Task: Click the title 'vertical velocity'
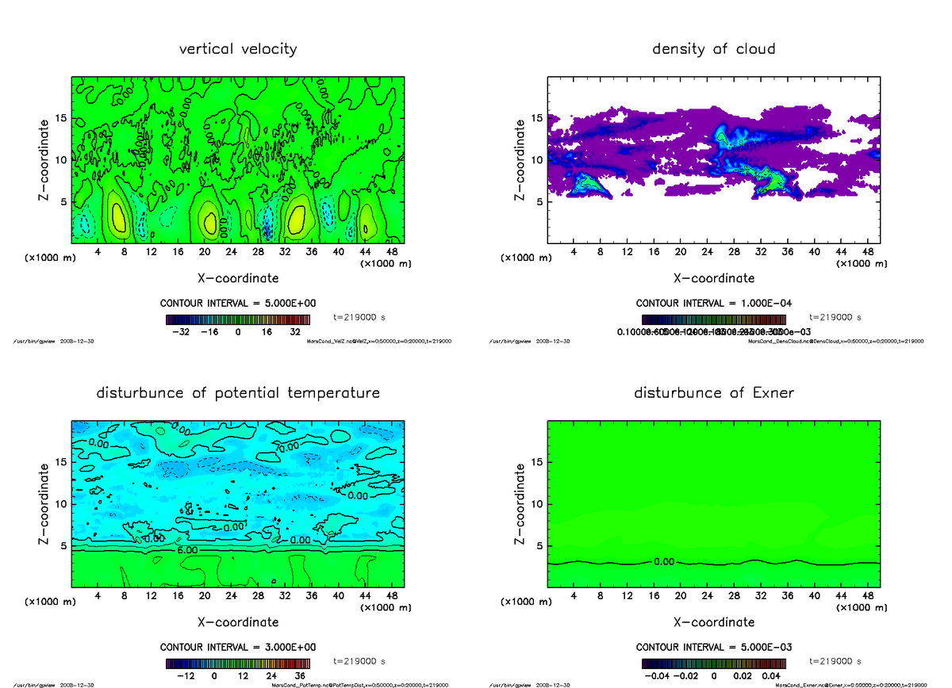(x=238, y=49)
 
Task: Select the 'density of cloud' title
(x=713, y=49)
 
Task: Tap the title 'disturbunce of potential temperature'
(x=238, y=393)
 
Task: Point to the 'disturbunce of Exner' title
(x=713, y=393)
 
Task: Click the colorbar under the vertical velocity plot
(x=238, y=319)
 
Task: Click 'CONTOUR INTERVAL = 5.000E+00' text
(x=238, y=304)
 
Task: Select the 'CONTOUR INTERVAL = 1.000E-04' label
(x=713, y=304)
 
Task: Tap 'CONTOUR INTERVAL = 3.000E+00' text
(x=238, y=648)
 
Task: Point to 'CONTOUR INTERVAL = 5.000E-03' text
(x=713, y=648)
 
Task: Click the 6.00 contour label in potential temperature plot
(x=187, y=549)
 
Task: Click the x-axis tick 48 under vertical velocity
(x=392, y=252)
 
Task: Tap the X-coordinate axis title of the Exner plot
(x=713, y=622)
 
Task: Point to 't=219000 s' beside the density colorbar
(x=835, y=317)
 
